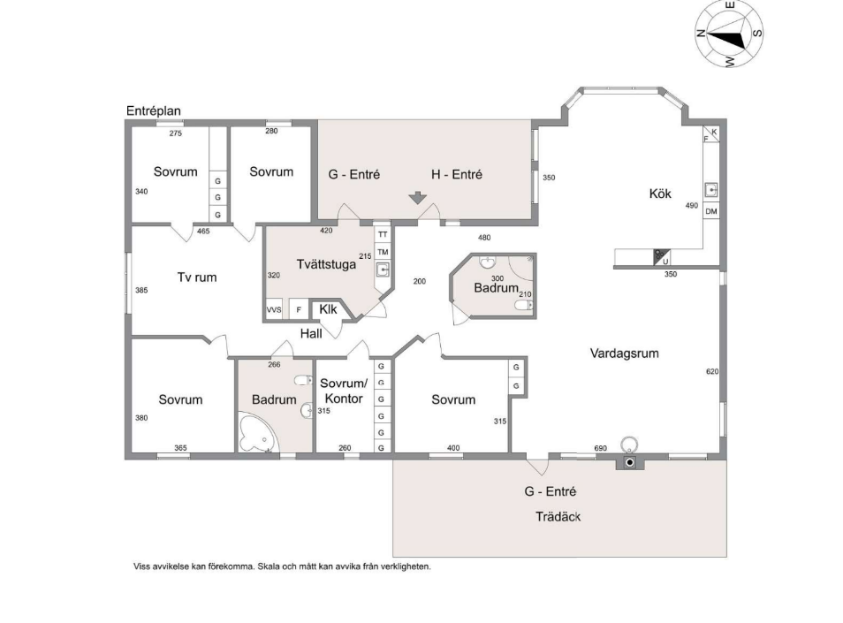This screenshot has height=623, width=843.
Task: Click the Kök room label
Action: (660, 194)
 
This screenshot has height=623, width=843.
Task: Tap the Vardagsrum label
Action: (624, 353)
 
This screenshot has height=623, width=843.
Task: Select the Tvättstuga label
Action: (326, 264)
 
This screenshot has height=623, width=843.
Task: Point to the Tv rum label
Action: (197, 277)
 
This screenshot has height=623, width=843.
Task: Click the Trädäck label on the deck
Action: (558, 517)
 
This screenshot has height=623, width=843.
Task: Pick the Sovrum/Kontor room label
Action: (344, 391)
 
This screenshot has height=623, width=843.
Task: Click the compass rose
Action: (729, 34)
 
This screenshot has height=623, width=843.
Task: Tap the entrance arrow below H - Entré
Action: (418, 198)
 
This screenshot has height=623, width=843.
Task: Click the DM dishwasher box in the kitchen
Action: (711, 211)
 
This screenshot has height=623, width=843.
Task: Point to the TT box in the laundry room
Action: (383, 234)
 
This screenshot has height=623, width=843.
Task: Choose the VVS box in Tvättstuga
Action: (274, 309)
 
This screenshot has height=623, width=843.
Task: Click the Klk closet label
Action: (328, 309)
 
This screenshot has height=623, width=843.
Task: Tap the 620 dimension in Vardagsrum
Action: (712, 371)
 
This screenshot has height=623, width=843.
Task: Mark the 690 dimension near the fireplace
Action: (601, 448)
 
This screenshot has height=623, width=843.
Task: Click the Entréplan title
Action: (153, 110)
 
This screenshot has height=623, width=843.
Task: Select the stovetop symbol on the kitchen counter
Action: (661, 257)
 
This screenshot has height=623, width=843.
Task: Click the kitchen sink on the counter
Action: (711, 190)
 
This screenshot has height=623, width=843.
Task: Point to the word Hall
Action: (311, 334)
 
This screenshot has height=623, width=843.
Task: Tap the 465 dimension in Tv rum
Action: (203, 232)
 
